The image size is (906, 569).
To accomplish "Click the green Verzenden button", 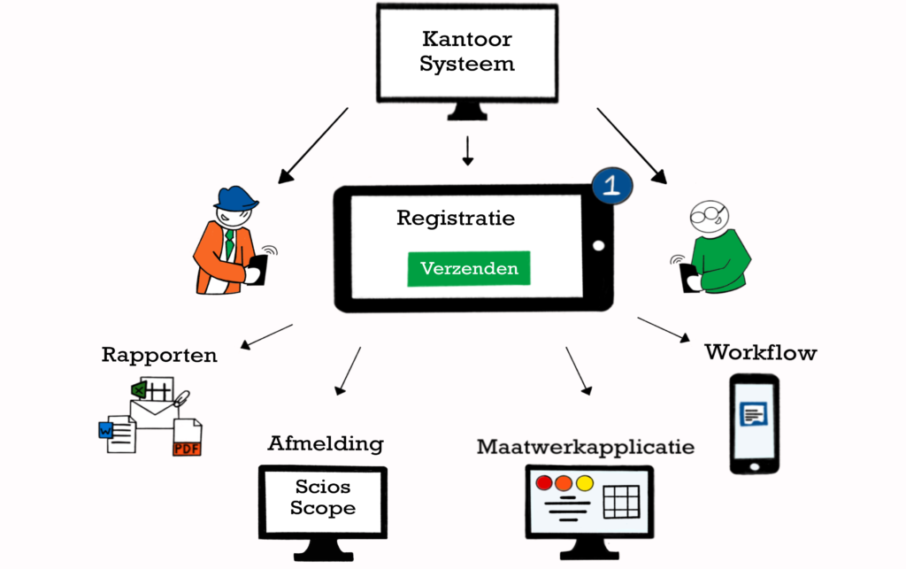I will pyautogui.click(x=468, y=269).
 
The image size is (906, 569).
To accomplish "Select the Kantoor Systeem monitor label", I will pyautogui.click(x=467, y=52).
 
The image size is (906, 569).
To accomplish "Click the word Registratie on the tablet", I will pyautogui.click(x=456, y=218).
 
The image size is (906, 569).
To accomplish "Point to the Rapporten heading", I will pyautogui.click(x=159, y=356).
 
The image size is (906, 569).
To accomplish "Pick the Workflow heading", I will pyautogui.click(x=760, y=352).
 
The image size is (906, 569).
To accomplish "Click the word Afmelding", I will pyautogui.click(x=326, y=442).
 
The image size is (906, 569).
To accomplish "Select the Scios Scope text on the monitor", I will pyautogui.click(x=323, y=498).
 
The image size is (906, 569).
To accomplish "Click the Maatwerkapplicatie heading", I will pyautogui.click(x=586, y=447).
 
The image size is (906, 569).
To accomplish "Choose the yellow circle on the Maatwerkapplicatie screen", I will pyautogui.click(x=584, y=483).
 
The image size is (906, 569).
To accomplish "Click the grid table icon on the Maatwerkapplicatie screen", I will pyautogui.click(x=621, y=502).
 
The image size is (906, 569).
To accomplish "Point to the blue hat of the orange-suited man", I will pyautogui.click(x=236, y=197).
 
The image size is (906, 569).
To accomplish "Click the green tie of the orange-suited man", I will pyautogui.click(x=229, y=243).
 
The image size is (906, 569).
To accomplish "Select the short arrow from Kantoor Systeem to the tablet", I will pyautogui.click(x=468, y=151).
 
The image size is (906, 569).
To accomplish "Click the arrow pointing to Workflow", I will pyautogui.click(x=663, y=329).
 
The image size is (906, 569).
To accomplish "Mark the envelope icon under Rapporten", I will pyautogui.click(x=153, y=412).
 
